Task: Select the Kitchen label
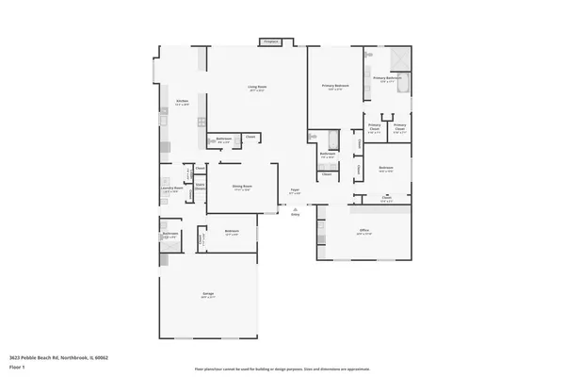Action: pyautogui.click(x=183, y=101)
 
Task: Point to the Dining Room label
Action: pyautogui.click(x=242, y=187)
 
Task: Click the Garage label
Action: pyautogui.click(x=207, y=294)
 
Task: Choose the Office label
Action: pyautogui.click(x=364, y=230)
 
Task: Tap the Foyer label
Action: pyautogui.click(x=295, y=189)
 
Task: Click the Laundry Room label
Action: pyautogui.click(x=170, y=189)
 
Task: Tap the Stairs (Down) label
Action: pyautogui.click(x=201, y=186)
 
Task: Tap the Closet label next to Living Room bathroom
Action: pyautogui.click(x=250, y=138)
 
